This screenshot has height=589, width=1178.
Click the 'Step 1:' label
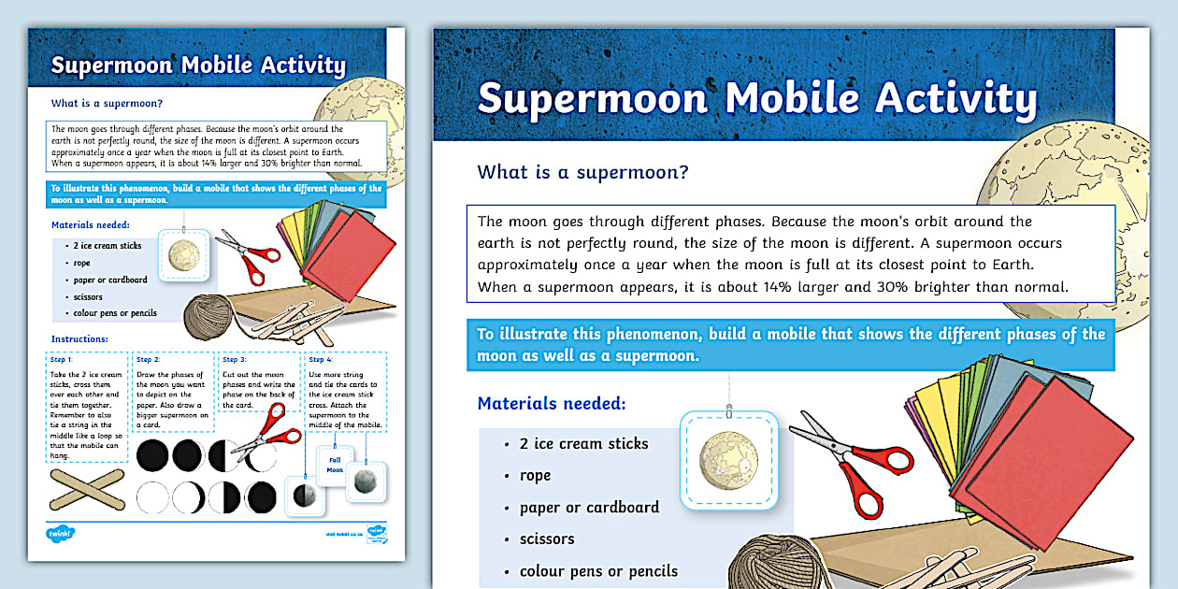[63, 359]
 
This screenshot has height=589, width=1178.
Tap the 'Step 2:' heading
[149, 359]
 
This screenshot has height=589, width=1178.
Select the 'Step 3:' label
[235, 359]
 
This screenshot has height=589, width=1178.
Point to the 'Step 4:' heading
[321, 359]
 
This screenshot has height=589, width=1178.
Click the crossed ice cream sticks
[87, 488]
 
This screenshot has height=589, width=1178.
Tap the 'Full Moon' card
[334, 464]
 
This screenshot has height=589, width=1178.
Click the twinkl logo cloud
[61, 534]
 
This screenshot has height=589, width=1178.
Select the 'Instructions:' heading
[79, 338]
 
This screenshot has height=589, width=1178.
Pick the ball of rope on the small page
[208, 317]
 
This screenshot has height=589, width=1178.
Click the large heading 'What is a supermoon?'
[582, 172]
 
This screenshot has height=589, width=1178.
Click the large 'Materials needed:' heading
[552, 404]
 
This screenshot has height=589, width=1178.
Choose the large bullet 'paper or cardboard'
[589, 508]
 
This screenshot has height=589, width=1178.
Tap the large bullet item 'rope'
[535, 476]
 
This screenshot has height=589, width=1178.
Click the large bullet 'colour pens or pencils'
[598, 571]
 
